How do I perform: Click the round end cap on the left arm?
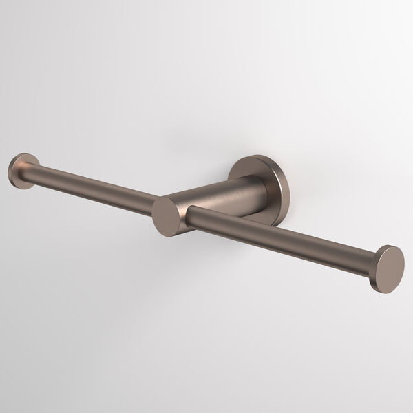point(21,169)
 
